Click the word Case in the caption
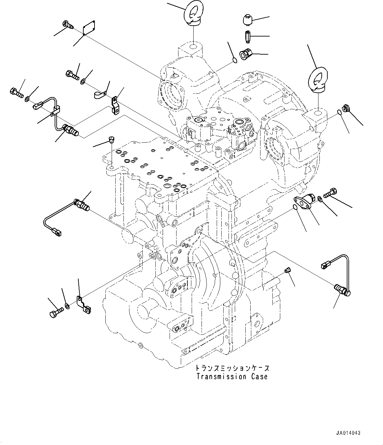(259, 377)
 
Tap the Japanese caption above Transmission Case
(232, 368)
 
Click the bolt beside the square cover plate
(68, 24)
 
